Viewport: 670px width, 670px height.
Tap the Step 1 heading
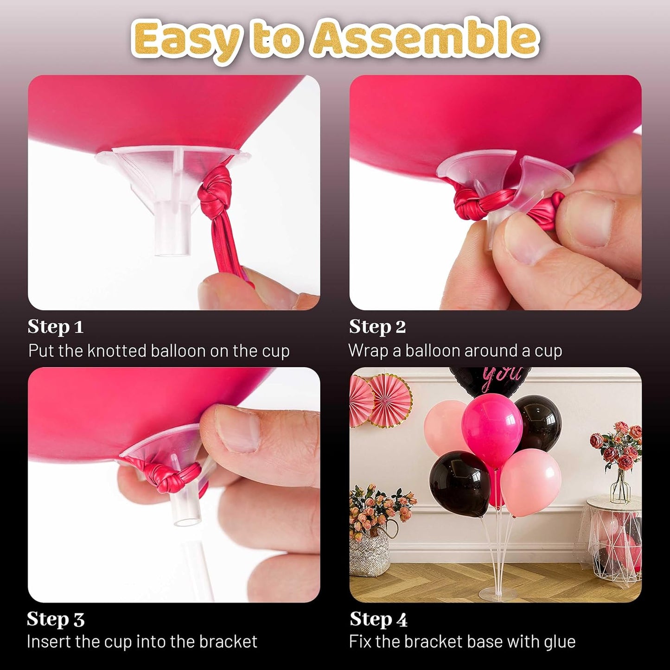coord(55,327)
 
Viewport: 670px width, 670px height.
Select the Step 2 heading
coord(377,327)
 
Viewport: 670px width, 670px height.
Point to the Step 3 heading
coord(56,619)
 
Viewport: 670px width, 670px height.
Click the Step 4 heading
coord(378,619)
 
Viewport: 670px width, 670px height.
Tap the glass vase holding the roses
coord(620,487)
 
